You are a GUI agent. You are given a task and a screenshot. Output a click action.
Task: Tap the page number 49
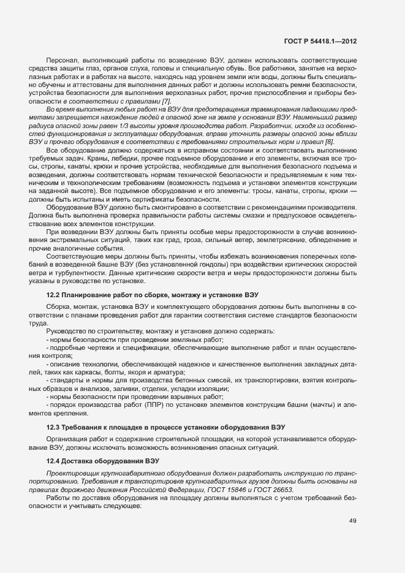tap(352, 521)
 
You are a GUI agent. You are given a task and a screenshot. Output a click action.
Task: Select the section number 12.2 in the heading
tap(55, 295)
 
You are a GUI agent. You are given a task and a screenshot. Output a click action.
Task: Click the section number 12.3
tap(55, 427)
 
